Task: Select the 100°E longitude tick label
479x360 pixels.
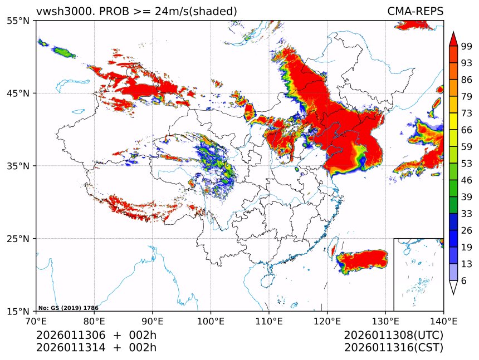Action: (x=211, y=320)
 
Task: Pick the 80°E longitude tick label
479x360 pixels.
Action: (x=94, y=320)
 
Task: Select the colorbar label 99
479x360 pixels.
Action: (x=467, y=46)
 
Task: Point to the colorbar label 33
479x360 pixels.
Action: (x=467, y=214)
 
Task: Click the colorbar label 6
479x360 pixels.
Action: (x=464, y=281)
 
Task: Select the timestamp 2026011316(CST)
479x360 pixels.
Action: (x=393, y=348)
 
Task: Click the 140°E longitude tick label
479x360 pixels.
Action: (x=443, y=320)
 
